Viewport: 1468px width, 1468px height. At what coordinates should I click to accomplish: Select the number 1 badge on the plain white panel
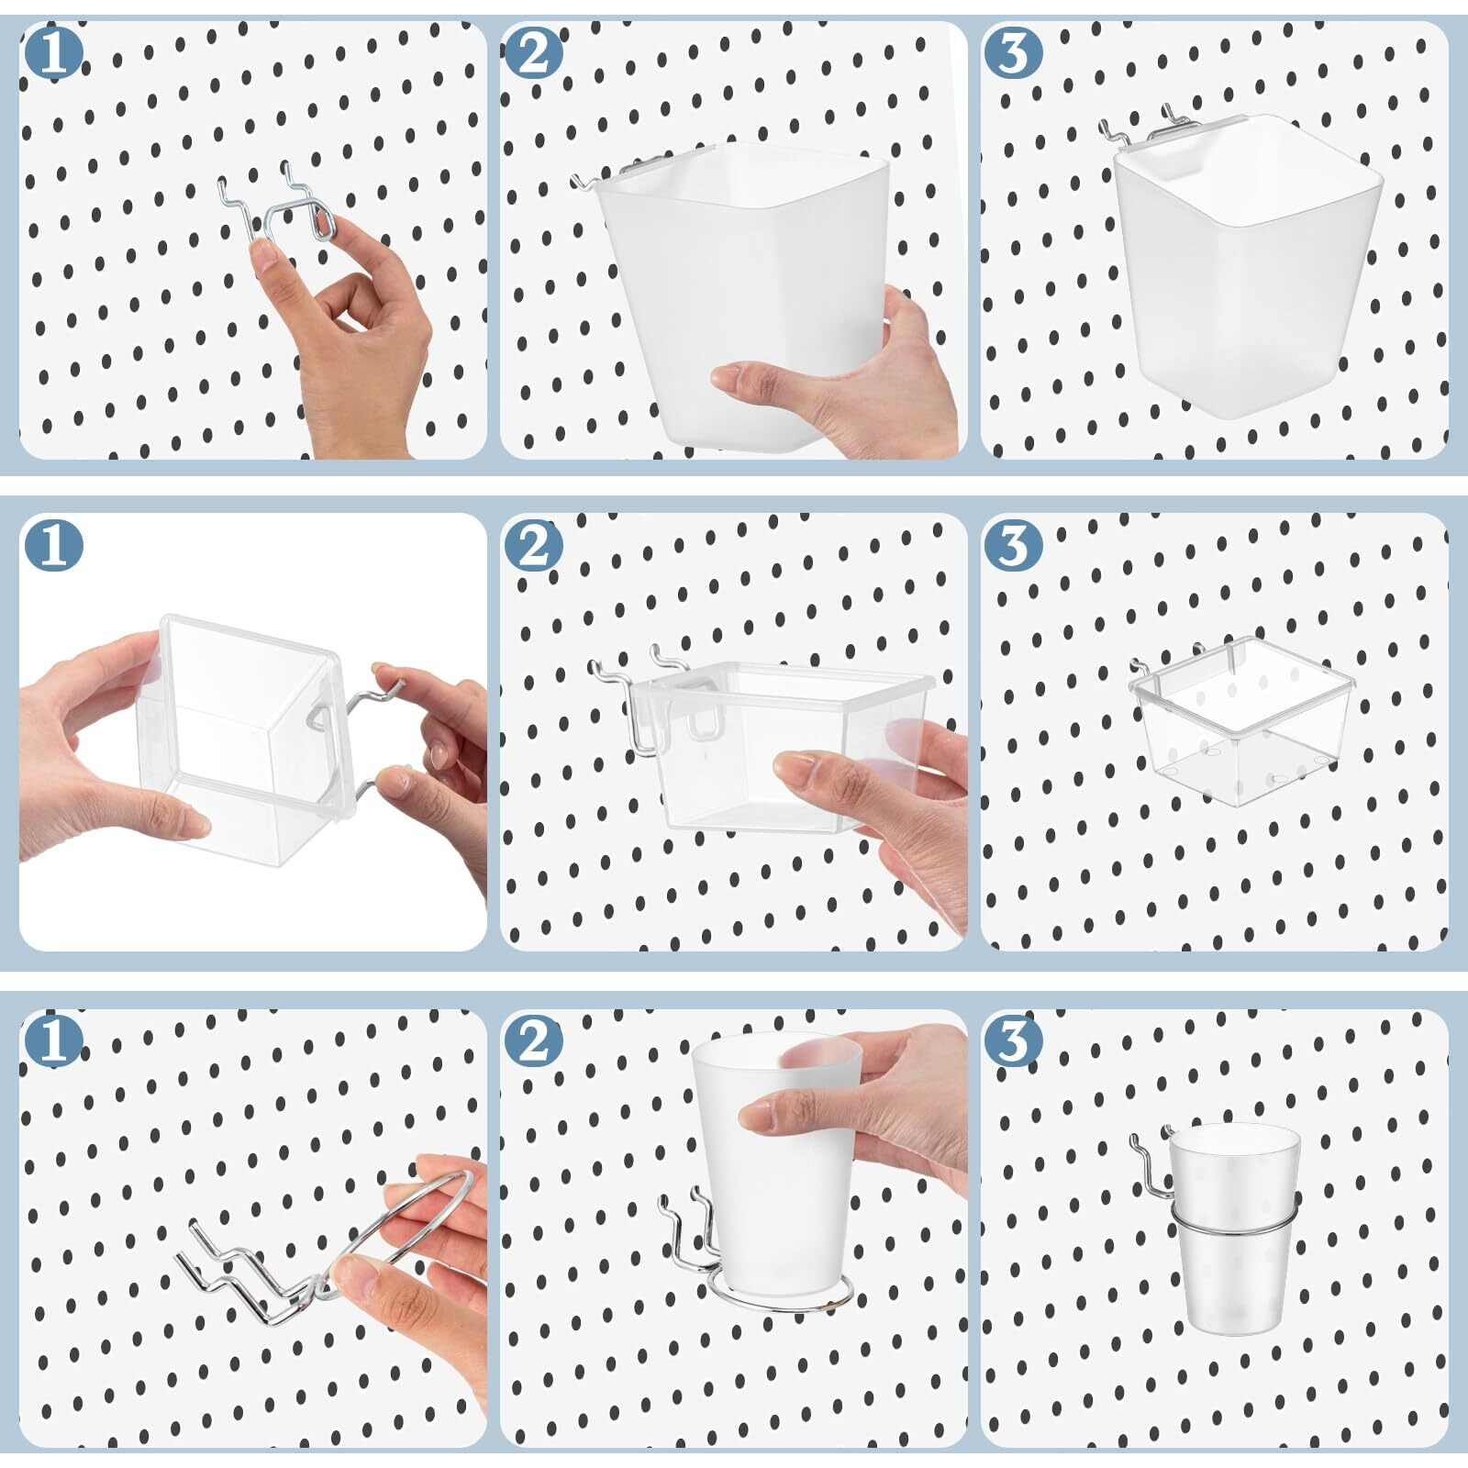coord(53,545)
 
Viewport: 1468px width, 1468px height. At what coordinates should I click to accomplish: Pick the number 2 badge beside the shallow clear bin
coord(533,545)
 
